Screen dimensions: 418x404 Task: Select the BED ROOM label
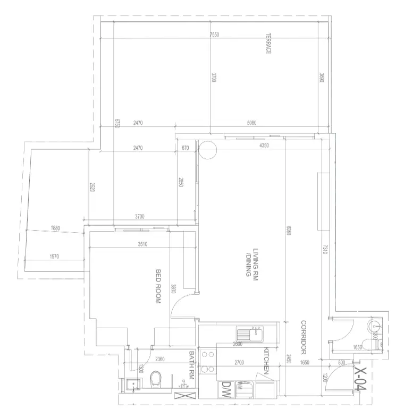tap(158, 287)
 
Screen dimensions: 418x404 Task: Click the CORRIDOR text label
tap(304, 338)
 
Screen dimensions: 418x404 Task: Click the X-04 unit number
tap(361, 381)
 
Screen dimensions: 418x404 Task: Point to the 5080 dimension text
tap(252, 123)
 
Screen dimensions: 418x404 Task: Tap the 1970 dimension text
tap(54, 257)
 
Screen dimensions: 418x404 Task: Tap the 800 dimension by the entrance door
tap(341, 363)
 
